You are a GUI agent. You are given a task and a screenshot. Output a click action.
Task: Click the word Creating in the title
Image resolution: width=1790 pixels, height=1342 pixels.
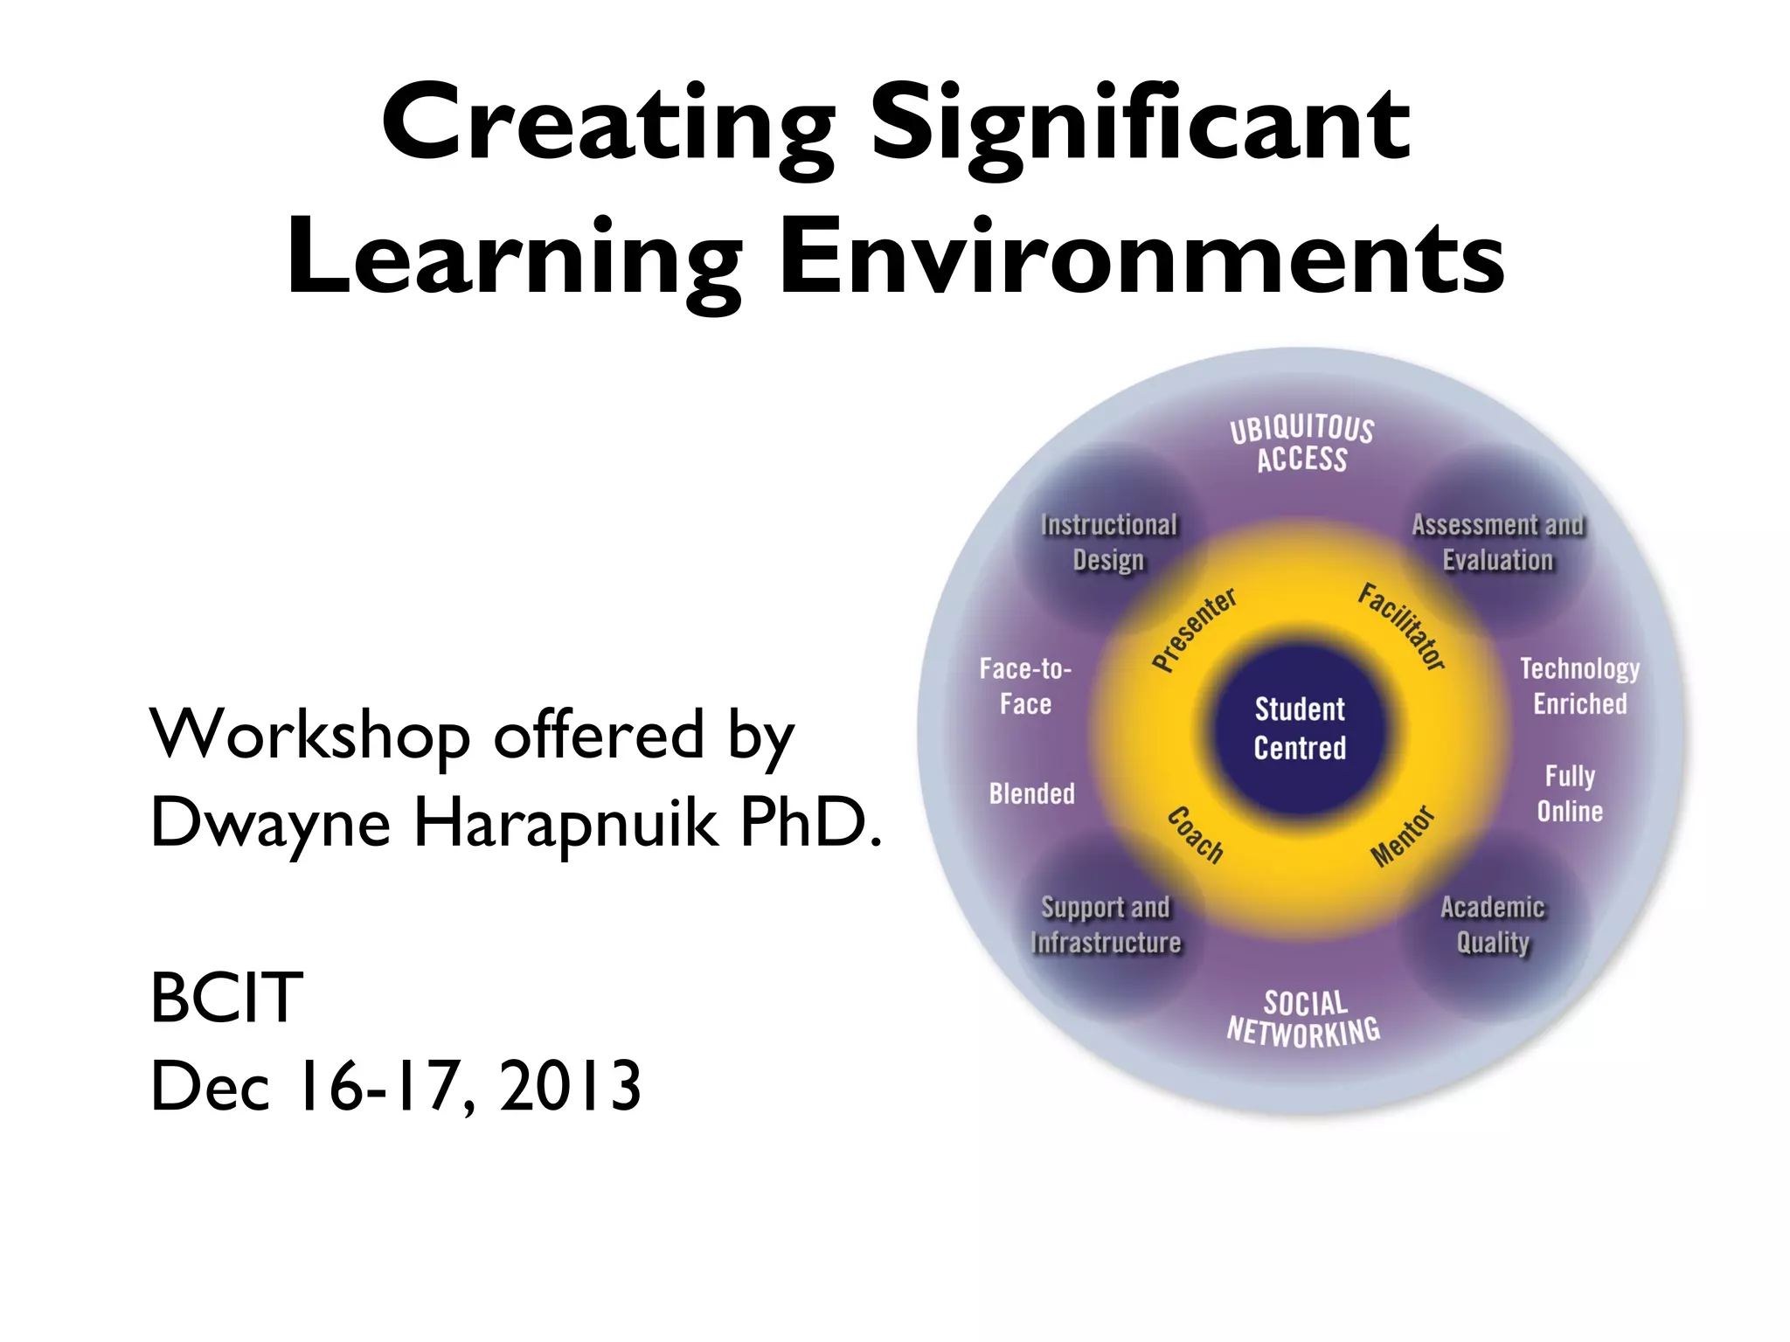coord(607,124)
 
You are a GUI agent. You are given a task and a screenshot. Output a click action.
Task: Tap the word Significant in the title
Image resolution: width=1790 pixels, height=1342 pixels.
coord(1140,124)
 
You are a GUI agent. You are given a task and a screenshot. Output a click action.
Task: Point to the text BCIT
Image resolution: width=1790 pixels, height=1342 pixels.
coord(226,998)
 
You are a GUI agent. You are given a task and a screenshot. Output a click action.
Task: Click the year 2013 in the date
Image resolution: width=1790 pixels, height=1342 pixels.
coord(570,1086)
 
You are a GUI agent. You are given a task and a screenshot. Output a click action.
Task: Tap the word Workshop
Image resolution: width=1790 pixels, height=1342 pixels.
coord(310,734)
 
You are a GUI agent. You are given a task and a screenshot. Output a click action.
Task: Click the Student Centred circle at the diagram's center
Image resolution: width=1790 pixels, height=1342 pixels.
coord(1300,728)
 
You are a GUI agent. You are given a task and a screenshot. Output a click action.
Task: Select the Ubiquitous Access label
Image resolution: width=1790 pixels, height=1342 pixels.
coord(1302,445)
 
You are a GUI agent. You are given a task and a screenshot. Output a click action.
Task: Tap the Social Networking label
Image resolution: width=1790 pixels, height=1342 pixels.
coord(1304,1019)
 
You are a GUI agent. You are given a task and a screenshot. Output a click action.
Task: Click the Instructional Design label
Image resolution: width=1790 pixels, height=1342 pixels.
coord(1108,542)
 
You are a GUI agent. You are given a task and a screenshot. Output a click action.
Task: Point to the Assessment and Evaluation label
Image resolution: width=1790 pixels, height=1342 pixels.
coord(1497,542)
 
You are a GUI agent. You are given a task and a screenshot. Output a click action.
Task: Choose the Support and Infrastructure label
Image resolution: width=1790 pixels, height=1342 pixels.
coord(1106,924)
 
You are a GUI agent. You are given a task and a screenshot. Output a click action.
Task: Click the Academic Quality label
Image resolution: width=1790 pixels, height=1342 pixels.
coord(1493,924)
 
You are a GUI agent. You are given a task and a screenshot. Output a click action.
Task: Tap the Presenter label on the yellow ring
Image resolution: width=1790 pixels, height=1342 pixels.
coord(1194,630)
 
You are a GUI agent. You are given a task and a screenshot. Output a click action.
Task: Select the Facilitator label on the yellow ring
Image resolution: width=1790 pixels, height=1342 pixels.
coord(1401,626)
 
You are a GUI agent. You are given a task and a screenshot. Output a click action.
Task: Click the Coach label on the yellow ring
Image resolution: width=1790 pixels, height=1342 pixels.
coord(1196,835)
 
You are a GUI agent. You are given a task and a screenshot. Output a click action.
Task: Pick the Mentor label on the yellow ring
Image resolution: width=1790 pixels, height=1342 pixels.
coord(1402,837)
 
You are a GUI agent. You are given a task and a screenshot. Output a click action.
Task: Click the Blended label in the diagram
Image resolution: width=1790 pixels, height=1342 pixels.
coord(1031,793)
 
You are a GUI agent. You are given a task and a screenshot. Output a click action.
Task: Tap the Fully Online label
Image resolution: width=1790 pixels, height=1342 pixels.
coord(1570,793)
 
